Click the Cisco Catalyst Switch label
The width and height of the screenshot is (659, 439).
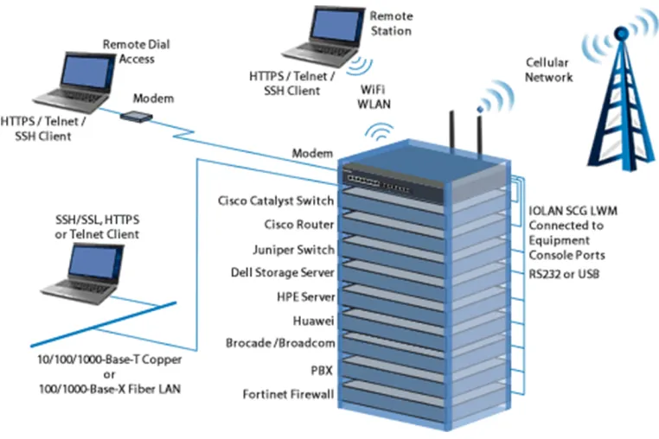tap(276, 200)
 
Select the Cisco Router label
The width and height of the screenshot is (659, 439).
tap(299, 225)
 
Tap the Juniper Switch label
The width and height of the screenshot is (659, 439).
tap(293, 250)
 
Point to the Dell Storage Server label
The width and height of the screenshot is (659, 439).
tap(283, 272)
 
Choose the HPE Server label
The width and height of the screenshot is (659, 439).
tap(305, 297)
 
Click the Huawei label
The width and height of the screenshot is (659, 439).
tap(313, 321)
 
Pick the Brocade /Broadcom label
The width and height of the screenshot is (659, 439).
tap(280, 343)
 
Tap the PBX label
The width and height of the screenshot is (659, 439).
tap(322, 371)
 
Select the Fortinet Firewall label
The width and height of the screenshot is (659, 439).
tap(288, 394)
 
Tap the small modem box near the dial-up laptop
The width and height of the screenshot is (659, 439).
tap(136, 117)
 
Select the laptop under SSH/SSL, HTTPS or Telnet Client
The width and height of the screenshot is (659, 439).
tap(83, 274)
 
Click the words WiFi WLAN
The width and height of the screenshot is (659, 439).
tap(374, 97)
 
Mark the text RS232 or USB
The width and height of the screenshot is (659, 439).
tap(564, 274)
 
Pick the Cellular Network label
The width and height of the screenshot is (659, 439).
tap(548, 70)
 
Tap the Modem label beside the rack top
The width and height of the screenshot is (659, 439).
tap(312, 153)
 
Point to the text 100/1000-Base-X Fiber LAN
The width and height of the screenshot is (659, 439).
tap(110, 389)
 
